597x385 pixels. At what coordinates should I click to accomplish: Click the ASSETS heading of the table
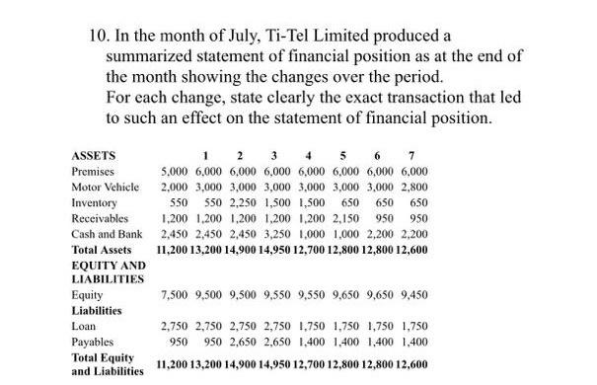pyautogui.click(x=94, y=155)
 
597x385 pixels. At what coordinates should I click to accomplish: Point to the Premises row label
pyautogui.click(x=93, y=171)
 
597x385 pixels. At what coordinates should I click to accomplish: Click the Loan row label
pyautogui.click(x=83, y=324)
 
